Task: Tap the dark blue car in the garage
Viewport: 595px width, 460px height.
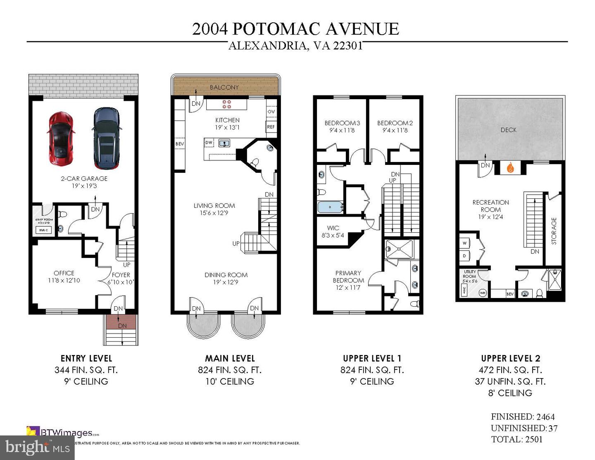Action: pyautogui.click(x=107, y=138)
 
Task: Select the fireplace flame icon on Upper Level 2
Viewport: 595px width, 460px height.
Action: pyautogui.click(x=511, y=168)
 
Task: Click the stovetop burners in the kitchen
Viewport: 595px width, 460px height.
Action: pyautogui.click(x=227, y=104)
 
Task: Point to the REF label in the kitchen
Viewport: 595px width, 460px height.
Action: pyautogui.click(x=271, y=127)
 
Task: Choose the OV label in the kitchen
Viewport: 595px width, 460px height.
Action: pyautogui.click(x=271, y=112)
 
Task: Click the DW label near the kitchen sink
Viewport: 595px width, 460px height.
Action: pyautogui.click(x=209, y=143)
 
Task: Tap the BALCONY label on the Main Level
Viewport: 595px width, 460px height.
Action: pyautogui.click(x=224, y=87)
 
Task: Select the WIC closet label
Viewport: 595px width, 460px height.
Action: pyautogui.click(x=333, y=228)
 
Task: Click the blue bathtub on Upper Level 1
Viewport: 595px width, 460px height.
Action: pyautogui.click(x=330, y=207)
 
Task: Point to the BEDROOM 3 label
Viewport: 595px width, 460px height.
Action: pyautogui.click(x=342, y=123)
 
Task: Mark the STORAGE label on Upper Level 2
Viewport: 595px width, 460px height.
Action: pyautogui.click(x=554, y=231)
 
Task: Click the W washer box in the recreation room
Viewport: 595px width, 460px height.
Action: pyautogui.click(x=464, y=243)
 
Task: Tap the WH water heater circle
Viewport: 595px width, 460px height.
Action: pyautogui.click(x=482, y=293)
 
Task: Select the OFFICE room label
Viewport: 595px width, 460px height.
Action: pyautogui.click(x=64, y=273)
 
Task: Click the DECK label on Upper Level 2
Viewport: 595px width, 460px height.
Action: pyautogui.click(x=509, y=130)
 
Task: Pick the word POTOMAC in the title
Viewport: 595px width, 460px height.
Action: pyautogui.click(x=276, y=29)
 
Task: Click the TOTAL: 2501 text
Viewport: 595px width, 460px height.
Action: pyautogui.click(x=516, y=439)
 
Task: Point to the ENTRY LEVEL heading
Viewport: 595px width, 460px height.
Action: pyautogui.click(x=86, y=359)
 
